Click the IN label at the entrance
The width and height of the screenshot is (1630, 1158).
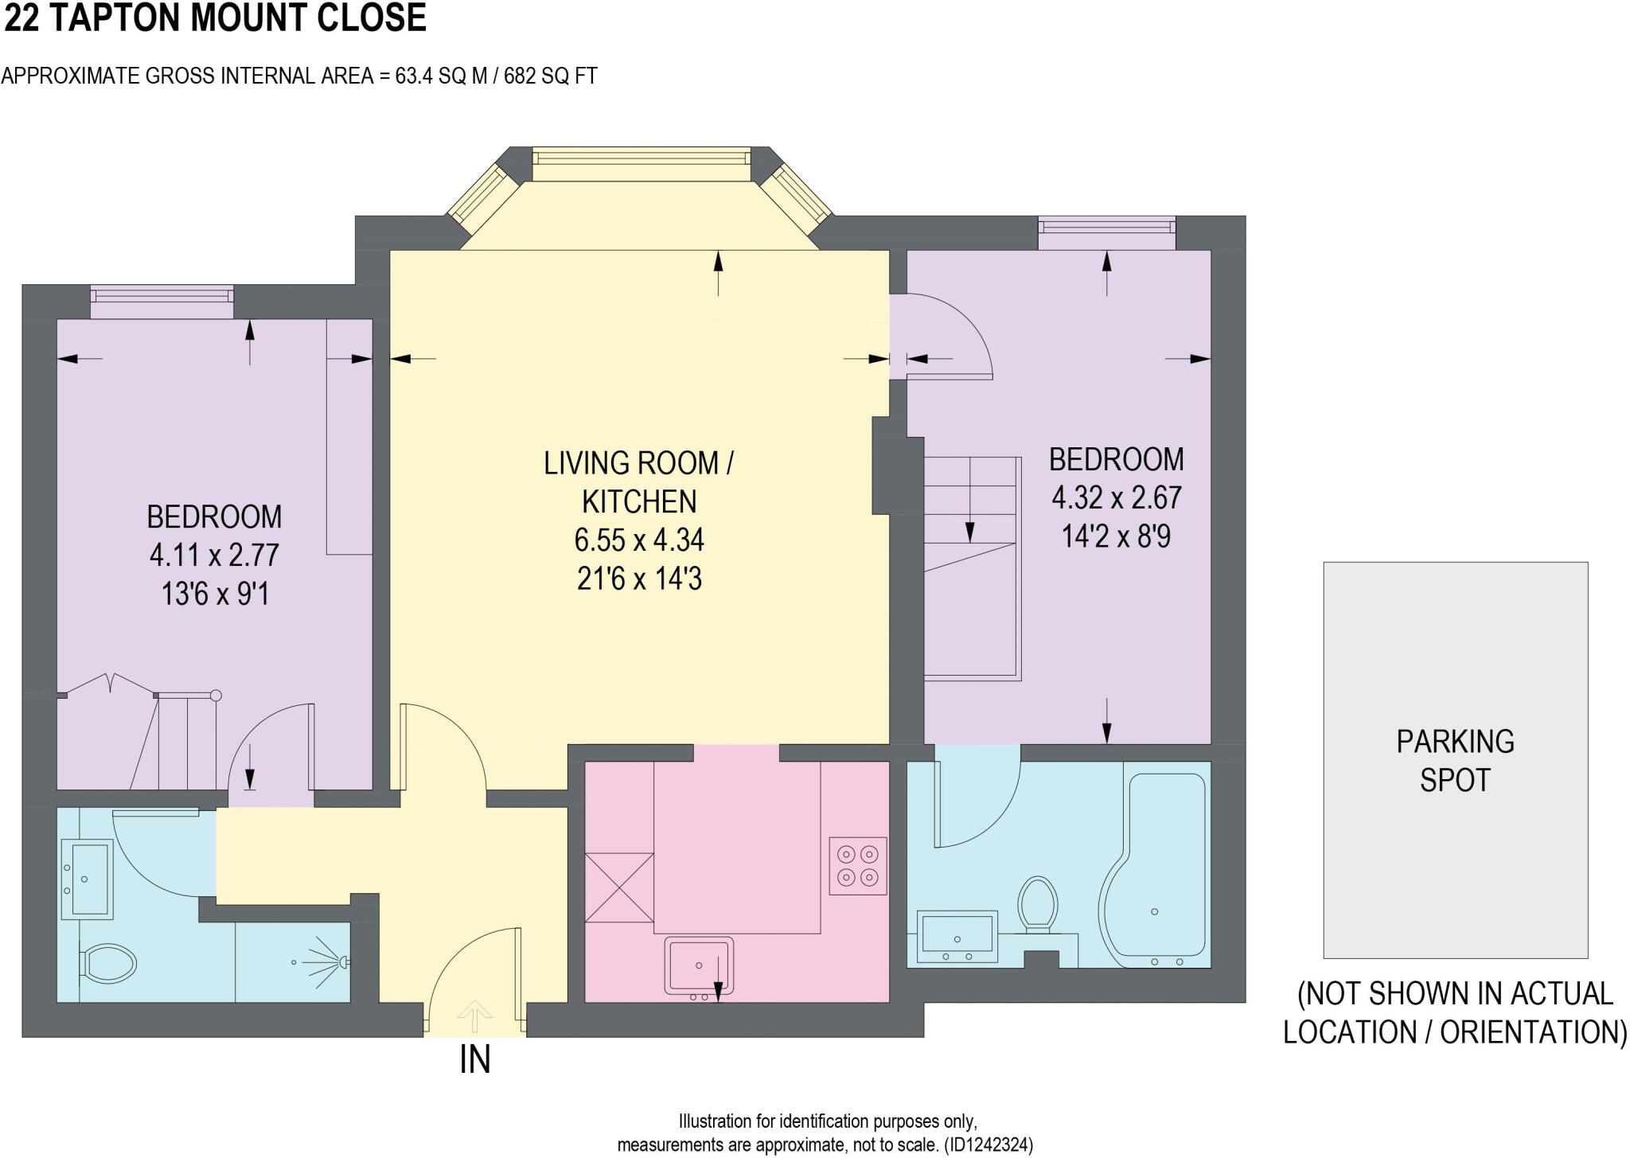point(475,1060)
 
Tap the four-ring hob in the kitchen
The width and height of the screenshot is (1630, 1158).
point(857,866)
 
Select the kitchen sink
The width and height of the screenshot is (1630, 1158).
point(699,966)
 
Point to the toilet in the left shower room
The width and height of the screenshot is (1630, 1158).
point(109,962)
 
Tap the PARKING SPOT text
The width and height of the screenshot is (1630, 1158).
point(1455,760)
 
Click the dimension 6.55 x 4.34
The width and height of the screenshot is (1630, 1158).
point(639,540)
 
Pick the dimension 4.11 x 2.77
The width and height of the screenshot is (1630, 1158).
point(214,555)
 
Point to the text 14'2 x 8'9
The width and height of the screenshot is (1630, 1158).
point(1116,536)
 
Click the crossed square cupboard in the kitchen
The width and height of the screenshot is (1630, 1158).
point(619,887)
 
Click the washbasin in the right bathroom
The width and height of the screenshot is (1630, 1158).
point(957,935)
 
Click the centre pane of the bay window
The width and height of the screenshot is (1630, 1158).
point(641,164)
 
